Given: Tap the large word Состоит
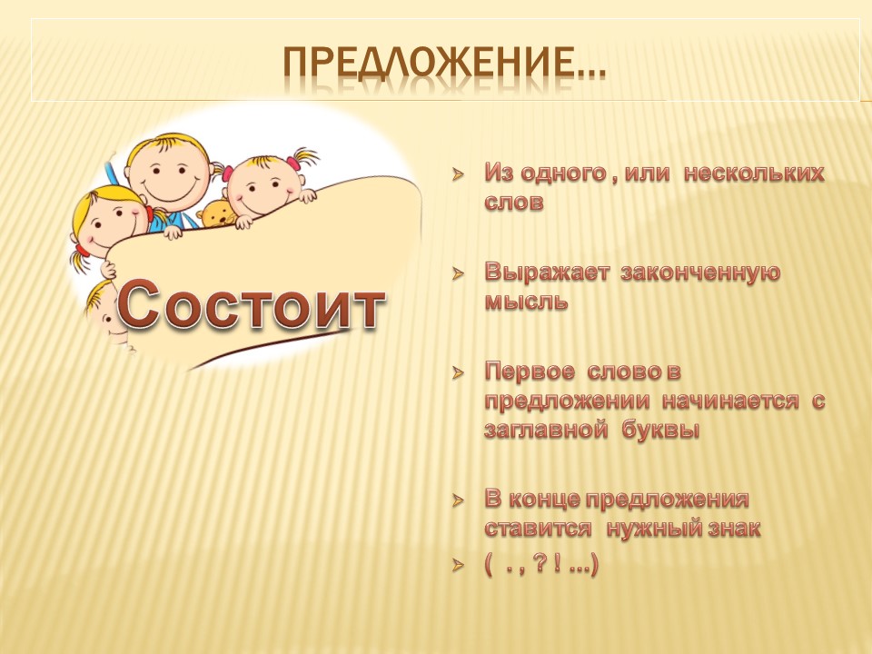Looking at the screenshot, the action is pos(251,304).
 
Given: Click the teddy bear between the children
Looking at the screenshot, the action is pos(218,213).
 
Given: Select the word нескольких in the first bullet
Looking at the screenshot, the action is pos(754,173).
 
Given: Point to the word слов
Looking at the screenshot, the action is pos(514,202).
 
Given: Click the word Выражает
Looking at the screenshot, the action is pos(547,272).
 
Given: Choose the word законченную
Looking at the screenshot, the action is pos(700,273).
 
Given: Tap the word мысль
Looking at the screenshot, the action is pos(526,302).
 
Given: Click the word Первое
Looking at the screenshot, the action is pos(530,372).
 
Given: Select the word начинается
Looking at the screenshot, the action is pos(730,401).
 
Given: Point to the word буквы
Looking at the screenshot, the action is pos(660,430).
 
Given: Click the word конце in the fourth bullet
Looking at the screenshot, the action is pos(543,500).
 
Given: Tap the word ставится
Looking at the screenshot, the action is pos(538,529).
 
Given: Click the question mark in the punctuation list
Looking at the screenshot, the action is pos(538,565).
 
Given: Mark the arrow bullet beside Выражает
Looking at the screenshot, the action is pos(458,273).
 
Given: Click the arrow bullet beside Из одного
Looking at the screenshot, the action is pos(458,174).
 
